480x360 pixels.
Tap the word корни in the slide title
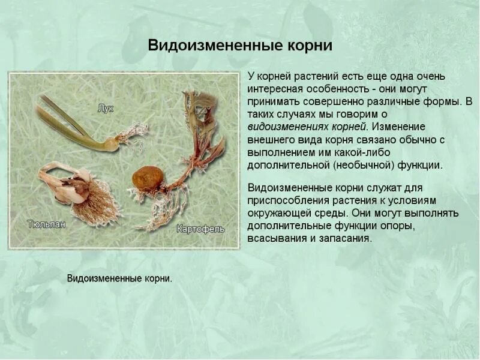tap(305, 46)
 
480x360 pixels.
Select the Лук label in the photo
tap(106, 109)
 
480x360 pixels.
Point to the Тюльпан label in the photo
tap(46, 224)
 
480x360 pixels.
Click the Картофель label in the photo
tap(200, 229)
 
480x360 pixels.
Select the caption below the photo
tap(119, 278)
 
